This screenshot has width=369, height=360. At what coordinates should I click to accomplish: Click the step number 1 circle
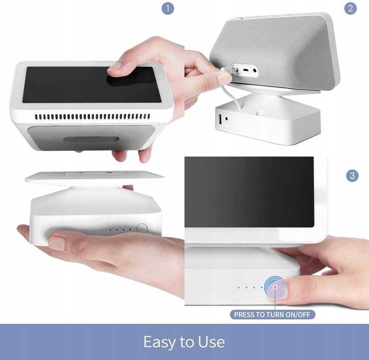pyautogui.click(x=168, y=9)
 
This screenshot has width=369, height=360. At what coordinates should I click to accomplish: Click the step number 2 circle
pyautogui.click(x=350, y=8)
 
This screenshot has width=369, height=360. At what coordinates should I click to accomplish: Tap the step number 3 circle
pyautogui.click(x=353, y=176)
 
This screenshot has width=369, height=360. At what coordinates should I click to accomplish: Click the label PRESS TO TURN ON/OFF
pyautogui.click(x=272, y=315)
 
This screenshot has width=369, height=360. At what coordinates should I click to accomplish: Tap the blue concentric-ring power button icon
pyautogui.click(x=275, y=287)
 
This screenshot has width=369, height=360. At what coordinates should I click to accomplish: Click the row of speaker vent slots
pyautogui.click(x=93, y=116)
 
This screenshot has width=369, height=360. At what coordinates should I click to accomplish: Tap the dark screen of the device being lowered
pyautogui.click(x=92, y=85)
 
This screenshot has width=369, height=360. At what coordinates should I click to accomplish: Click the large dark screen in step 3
pyautogui.click(x=249, y=192)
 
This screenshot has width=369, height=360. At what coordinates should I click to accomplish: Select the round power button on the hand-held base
pyautogui.click(x=142, y=228)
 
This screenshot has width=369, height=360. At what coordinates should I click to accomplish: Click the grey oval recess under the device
pyautogui.click(x=91, y=140)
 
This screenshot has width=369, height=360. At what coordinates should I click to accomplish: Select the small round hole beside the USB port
pyautogui.click(x=226, y=118)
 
